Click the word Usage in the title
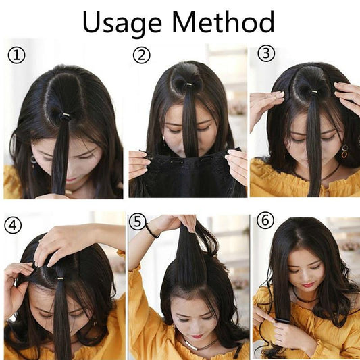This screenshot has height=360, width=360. [122, 23]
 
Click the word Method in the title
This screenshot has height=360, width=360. [223, 22]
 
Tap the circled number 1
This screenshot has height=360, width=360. [16, 55]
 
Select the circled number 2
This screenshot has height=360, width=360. [141, 55]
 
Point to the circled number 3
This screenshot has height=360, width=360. [266, 53]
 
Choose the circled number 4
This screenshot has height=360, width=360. [13, 225]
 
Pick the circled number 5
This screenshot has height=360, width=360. [137, 222]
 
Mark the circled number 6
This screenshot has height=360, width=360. [265, 220]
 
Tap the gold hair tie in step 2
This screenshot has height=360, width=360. [188, 85]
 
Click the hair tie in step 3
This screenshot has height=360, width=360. [314, 93]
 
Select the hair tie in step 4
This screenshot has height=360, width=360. [61, 278]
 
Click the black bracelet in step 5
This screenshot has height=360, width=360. [152, 231]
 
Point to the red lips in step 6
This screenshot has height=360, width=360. [308, 285]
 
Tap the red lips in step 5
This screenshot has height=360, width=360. [197, 336]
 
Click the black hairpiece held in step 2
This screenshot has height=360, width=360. [189, 174]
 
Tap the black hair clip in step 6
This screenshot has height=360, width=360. [282, 320]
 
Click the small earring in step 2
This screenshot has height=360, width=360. [163, 138]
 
